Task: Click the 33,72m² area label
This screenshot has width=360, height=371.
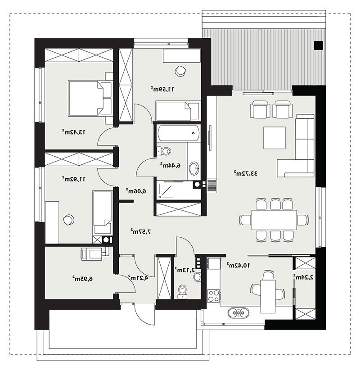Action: (x=246, y=173)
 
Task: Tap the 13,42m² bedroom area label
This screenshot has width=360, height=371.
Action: (x=73, y=132)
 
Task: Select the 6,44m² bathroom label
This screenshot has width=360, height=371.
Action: (x=170, y=165)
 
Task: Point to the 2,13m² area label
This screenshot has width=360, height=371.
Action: (x=185, y=269)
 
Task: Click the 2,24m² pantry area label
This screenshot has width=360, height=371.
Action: (x=303, y=277)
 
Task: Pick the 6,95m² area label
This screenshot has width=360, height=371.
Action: (x=82, y=279)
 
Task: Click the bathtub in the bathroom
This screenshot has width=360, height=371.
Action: (x=179, y=133)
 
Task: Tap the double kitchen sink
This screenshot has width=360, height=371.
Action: (x=238, y=313)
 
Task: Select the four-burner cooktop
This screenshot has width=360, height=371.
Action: (x=214, y=296)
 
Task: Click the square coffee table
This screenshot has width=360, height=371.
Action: (x=274, y=137)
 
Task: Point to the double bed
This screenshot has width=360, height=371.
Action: (x=90, y=98)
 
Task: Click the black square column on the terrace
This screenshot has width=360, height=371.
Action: (x=318, y=45)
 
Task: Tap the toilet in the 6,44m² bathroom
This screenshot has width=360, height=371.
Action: (x=164, y=151)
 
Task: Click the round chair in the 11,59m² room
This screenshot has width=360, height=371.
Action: (x=180, y=71)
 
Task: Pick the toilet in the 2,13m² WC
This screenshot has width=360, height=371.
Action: (x=182, y=292)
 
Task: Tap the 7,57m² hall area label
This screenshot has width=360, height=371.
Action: (x=141, y=231)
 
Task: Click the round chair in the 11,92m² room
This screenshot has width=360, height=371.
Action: (x=68, y=220)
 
